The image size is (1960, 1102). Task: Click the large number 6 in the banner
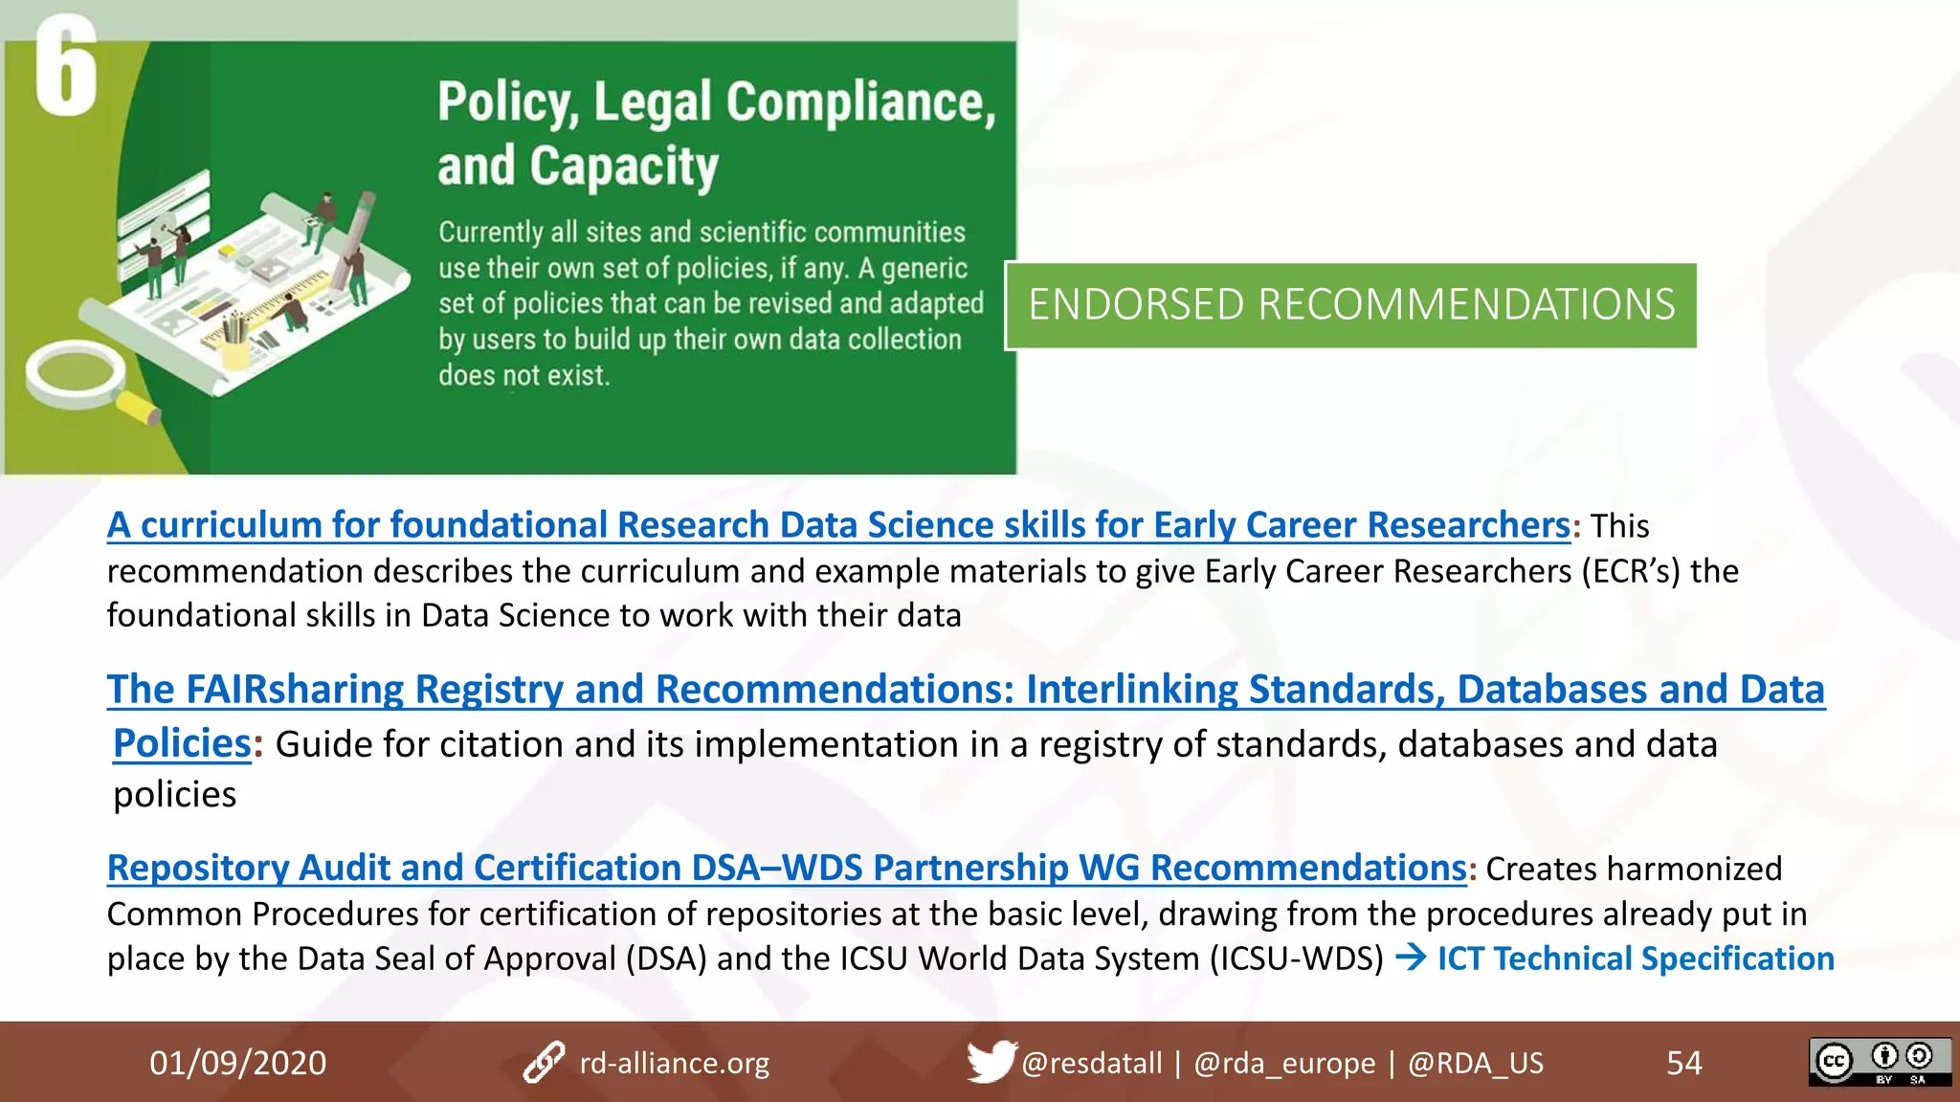tap(65, 67)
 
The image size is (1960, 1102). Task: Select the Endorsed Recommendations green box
tap(1350, 305)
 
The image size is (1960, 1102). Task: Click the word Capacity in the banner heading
tap(623, 166)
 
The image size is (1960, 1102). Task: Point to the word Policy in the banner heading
tap(506, 102)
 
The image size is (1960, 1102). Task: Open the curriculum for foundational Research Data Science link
tap(837, 525)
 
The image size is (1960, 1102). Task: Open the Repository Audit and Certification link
tap(786, 868)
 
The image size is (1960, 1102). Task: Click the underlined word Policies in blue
tap(182, 743)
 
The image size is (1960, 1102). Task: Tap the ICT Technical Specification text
tap(1635, 959)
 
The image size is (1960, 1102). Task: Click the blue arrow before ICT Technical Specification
tap(1411, 958)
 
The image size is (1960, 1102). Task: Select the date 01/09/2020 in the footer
tap(237, 1063)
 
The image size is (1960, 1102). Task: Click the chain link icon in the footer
tap(544, 1063)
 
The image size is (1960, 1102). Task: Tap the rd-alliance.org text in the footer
tap(674, 1063)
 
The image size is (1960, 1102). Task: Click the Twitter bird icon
tap(990, 1061)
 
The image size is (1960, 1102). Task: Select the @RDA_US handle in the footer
tap(1475, 1063)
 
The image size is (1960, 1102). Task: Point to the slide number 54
tap(1683, 1063)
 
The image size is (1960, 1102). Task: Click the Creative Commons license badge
tap(1879, 1062)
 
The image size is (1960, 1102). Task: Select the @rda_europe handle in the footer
tap(1283, 1063)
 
